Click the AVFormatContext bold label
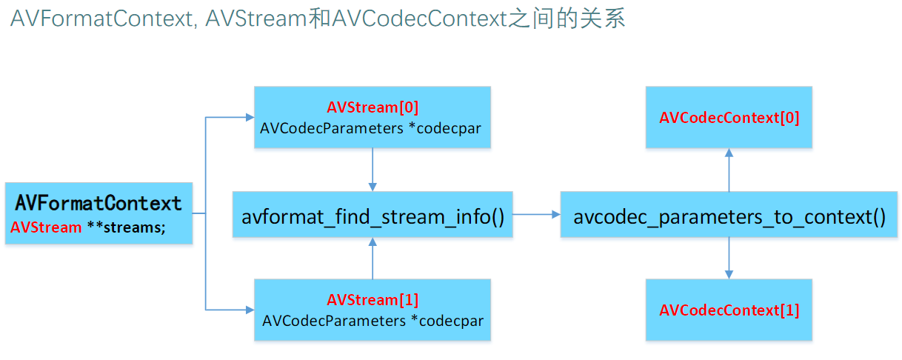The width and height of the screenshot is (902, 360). pyautogui.click(x=98, y=203)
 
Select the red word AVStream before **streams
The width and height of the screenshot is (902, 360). pyautogui.click(x=46, y=227)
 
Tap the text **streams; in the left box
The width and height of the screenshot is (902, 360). pyautogui.click(x=126, y=227)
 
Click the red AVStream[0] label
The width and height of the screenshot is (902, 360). pyautogui.click(x=373, y=108)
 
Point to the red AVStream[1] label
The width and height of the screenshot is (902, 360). pyautogui.click(x=373, y=300)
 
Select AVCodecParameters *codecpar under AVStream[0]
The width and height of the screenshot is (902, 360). pyautogui.click(x=371, y=128)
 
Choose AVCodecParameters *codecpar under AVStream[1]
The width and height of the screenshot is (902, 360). pyautogui.click(x=373, y=321)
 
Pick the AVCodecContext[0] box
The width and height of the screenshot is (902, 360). pyautogui.click(x=729, y=118)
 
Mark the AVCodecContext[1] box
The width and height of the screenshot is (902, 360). pyautogui.click(x=729, y=310)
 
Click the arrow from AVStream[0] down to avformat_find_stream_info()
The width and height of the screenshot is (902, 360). pyautogui.click(x=373, y=170)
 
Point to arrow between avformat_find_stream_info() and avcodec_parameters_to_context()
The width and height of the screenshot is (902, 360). pyautogui.click(x=536, y=215)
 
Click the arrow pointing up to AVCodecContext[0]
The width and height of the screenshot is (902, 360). pyautogui.click(x=729, y=170)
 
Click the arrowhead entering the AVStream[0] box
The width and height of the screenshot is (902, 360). pyautogui.click(x=248, y=118)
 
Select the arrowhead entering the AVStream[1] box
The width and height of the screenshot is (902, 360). pyautogui.click(x=248, y=310)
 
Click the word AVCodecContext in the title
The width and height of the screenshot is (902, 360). pyautogui.click(x=419, y=19)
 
